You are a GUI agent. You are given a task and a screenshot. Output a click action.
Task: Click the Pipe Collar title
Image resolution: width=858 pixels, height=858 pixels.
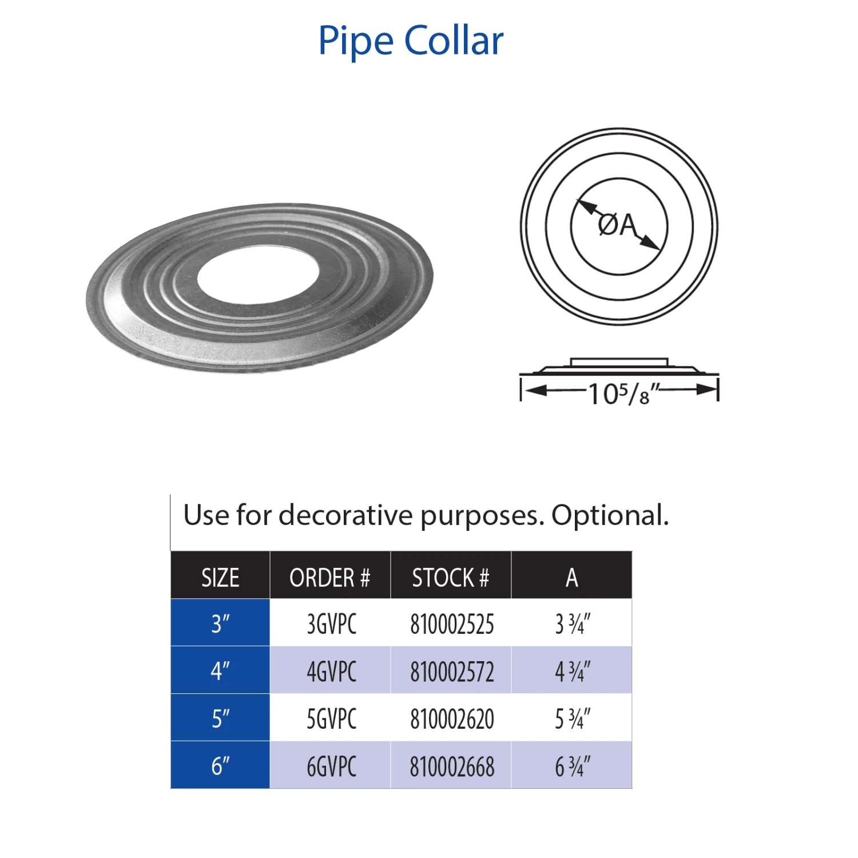point(411,41)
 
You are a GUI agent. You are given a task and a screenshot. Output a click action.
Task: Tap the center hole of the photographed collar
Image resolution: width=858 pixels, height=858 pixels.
point(258,276)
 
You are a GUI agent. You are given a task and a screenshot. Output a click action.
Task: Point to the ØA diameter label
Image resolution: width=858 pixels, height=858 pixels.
point(617,225)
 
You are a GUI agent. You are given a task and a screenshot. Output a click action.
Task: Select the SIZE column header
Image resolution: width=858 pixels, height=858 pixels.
point(220,578)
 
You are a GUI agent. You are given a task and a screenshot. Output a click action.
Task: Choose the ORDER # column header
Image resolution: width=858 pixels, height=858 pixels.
point(330,578)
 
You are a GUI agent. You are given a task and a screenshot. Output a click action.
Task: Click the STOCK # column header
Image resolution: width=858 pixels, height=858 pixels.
point(451,578)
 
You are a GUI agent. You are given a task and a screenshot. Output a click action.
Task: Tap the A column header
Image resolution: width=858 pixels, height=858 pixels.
point(571,578)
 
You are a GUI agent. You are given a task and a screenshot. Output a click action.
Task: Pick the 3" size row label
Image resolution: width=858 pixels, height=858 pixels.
point(220,624)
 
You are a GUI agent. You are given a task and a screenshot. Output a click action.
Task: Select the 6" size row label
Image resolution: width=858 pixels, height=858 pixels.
point(220,766)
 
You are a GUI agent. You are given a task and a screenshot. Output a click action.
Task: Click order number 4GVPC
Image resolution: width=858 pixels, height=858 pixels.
point(332,672)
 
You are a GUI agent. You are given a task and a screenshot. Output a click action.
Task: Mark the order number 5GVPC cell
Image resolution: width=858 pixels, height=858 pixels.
point(332,719)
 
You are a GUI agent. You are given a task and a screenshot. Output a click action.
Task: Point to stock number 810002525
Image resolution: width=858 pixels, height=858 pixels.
point(452,624)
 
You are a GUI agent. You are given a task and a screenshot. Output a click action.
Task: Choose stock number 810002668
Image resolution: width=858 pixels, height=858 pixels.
point(452,766)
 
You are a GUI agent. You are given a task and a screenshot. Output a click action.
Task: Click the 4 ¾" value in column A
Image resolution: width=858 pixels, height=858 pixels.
point(573,672)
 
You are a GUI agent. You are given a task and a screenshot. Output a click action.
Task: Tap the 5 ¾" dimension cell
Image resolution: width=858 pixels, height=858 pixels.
point(573,719)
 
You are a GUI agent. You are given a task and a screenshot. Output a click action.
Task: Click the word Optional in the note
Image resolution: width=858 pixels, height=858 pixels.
point(610,515)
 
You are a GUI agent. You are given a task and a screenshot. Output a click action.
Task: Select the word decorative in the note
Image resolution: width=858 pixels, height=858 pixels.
point(345,515)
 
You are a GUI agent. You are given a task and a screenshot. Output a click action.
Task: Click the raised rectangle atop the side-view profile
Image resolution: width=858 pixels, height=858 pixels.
point(619,362)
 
